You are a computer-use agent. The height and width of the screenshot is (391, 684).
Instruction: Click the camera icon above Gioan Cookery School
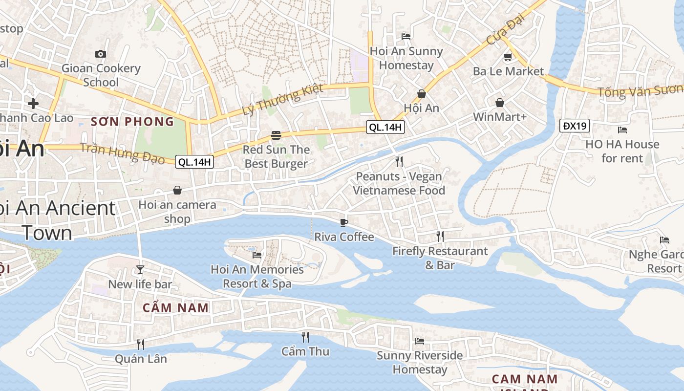tap(101, 54)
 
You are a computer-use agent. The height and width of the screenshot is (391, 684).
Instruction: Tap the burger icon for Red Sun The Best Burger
tap(276, 135)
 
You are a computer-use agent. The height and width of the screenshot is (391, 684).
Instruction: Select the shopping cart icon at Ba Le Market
tap(508, 57)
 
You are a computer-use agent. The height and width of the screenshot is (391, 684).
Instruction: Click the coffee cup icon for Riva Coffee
tap(344, 222)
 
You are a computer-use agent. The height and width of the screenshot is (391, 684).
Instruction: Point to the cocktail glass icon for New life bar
tap(140, 269)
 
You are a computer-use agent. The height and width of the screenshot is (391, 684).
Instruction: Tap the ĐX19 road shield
tap(575, 126)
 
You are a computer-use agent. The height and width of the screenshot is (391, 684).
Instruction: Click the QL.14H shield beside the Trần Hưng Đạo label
tap(194, 162)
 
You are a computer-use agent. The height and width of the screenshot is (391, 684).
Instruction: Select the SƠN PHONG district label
tap(132, 121)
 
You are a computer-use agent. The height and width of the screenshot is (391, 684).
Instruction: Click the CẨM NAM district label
tap(176, 307)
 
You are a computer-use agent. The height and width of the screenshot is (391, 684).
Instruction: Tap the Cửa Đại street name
tap(505, 29)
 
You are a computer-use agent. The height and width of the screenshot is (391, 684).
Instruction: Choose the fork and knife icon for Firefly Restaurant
tap(440, 237)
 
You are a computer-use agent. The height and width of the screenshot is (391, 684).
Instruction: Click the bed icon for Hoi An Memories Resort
tap(257, 255)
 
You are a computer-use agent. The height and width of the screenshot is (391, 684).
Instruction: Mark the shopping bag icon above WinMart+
tap(500, 103)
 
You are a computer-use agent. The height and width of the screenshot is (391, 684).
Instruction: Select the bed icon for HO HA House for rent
tap(622, 130)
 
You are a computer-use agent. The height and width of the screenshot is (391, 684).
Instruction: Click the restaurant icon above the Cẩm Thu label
tap(305, 337)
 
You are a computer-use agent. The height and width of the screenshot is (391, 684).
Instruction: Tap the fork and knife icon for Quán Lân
tap(141, 344)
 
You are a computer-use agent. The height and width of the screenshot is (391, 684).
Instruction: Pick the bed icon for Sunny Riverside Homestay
tap(420, 341)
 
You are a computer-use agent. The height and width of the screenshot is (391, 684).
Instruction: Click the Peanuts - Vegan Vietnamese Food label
tap(399, 183)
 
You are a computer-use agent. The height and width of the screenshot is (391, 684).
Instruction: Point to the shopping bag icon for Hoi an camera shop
tap(177, 190)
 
